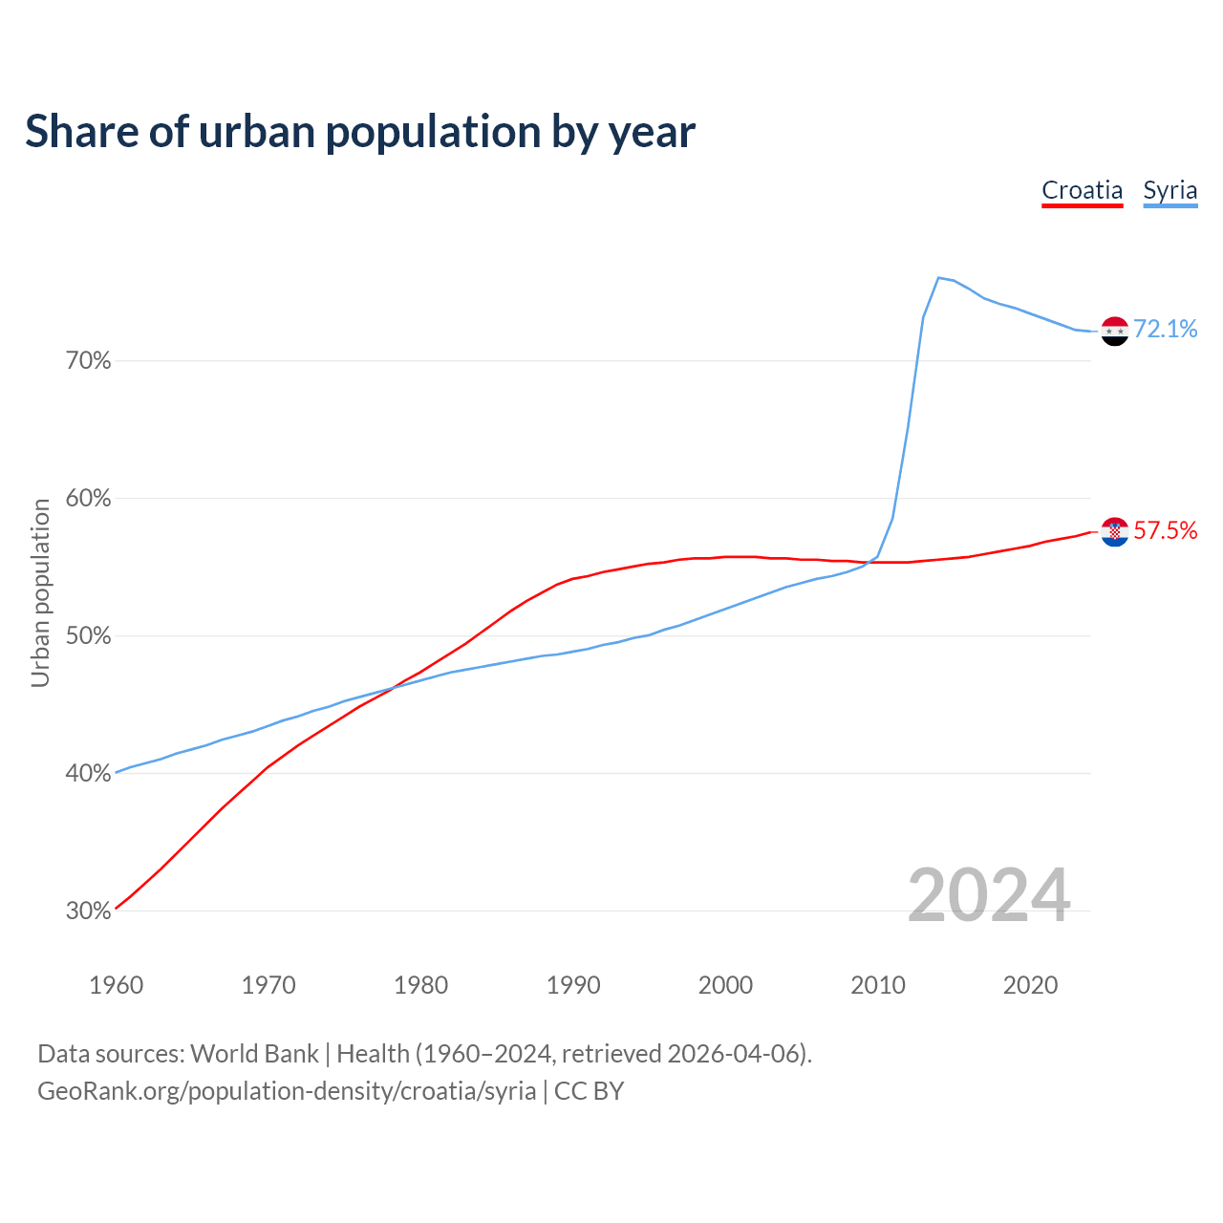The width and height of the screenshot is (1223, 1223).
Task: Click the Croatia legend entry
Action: (x=1082, y=190)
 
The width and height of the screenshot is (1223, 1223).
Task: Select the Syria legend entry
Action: (x=1169, y=190)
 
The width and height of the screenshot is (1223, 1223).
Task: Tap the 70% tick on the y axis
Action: (x=88, y=361)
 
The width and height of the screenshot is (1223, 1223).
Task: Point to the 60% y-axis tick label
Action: (x=88, y=499)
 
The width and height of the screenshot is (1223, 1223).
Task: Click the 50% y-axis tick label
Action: (x=88, y=636)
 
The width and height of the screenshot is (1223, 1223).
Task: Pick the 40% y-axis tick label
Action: (x=88, y=774)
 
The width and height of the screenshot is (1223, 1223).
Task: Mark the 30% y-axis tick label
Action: (x=88, y=912)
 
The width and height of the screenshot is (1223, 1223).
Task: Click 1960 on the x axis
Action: (x=116, y=985)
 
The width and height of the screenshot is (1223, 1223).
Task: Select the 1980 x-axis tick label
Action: (x=420, y=985)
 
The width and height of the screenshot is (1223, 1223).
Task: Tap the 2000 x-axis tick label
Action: (x=725, y=985)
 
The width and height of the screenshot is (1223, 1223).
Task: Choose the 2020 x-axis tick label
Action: (x=1030, y=985)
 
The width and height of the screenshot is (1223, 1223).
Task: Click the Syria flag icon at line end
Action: (x=1115, y=331)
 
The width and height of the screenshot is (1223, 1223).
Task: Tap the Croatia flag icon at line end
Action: (x=1115, y=532)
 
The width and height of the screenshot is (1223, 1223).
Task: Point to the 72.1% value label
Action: (x=1166, y=330)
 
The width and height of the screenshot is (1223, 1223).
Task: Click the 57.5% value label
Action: (x=1166, y=531)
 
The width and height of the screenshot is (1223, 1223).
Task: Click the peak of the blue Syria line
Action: (x=938, y=278)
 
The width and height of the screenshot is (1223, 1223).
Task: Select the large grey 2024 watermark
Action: (x=989, y=895)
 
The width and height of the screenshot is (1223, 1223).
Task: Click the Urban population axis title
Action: (x=40, y=592)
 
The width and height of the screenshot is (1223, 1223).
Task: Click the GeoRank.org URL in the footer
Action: (x=287, y=1091)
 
